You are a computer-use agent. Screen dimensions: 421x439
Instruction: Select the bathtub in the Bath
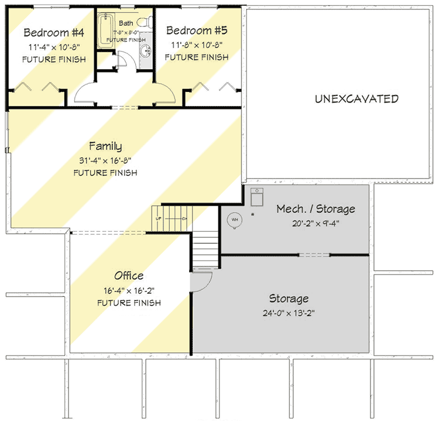click(x=105, y=31)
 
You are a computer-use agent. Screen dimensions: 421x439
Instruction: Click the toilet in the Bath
click(x=149, y=23)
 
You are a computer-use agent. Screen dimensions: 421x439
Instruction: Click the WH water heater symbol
click(x=235, y=220)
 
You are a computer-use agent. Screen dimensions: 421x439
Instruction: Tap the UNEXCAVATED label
click(x=356, y=99)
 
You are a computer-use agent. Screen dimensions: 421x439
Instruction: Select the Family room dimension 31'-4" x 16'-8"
click(x=105, y=160)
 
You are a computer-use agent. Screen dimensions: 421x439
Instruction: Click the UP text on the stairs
click(x=159, y=218)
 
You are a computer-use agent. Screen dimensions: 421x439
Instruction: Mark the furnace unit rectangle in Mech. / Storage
click(x=256, y=198)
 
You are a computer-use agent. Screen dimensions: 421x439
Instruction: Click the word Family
click(x=105, y=146)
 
